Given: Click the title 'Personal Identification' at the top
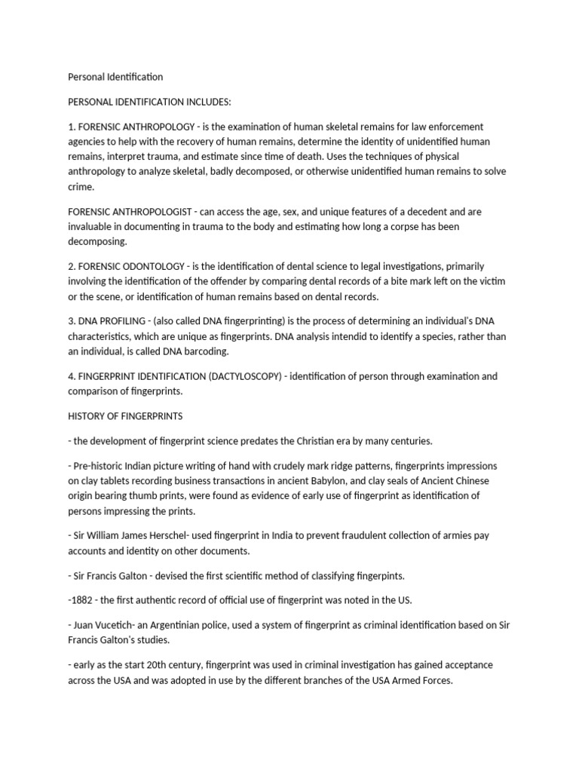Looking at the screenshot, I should coord(115,77).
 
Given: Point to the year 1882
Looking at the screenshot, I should coord(84,600).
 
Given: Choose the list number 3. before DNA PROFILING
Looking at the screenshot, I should coord(72,322).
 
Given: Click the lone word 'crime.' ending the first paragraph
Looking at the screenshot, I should coord(81,185).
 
